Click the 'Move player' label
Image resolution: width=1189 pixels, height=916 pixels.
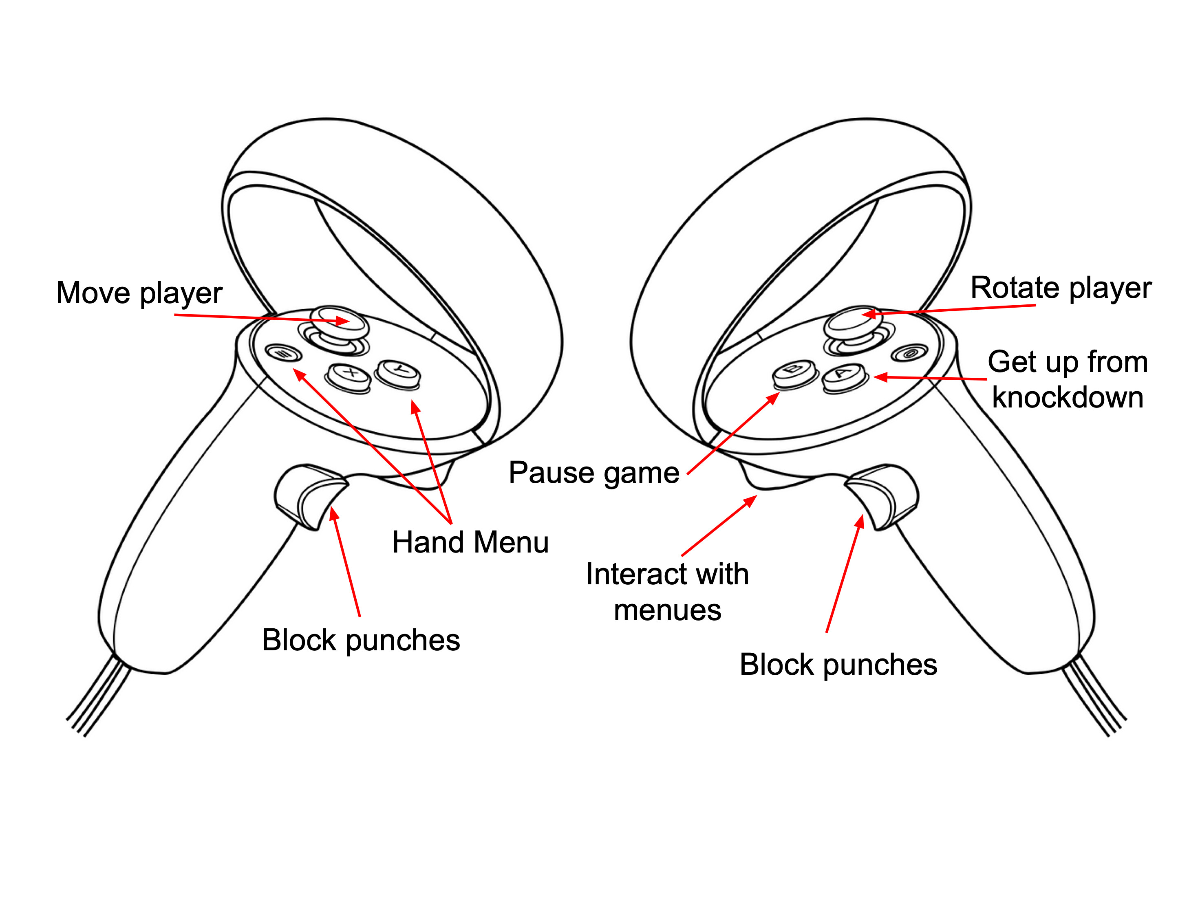pos(139,293)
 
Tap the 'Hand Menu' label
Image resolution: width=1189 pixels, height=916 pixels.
pos(470,543)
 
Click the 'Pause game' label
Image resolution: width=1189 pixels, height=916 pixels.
pos(593,472)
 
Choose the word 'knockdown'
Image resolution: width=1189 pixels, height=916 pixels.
pos(1067,397)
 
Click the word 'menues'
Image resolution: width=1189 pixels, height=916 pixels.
pos(667,610)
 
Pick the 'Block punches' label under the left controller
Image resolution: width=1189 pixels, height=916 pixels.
pos(361,640)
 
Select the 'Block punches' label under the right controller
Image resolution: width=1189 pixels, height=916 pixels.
pos(838,665)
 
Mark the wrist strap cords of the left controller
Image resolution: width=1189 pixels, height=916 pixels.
pos(98,699)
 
